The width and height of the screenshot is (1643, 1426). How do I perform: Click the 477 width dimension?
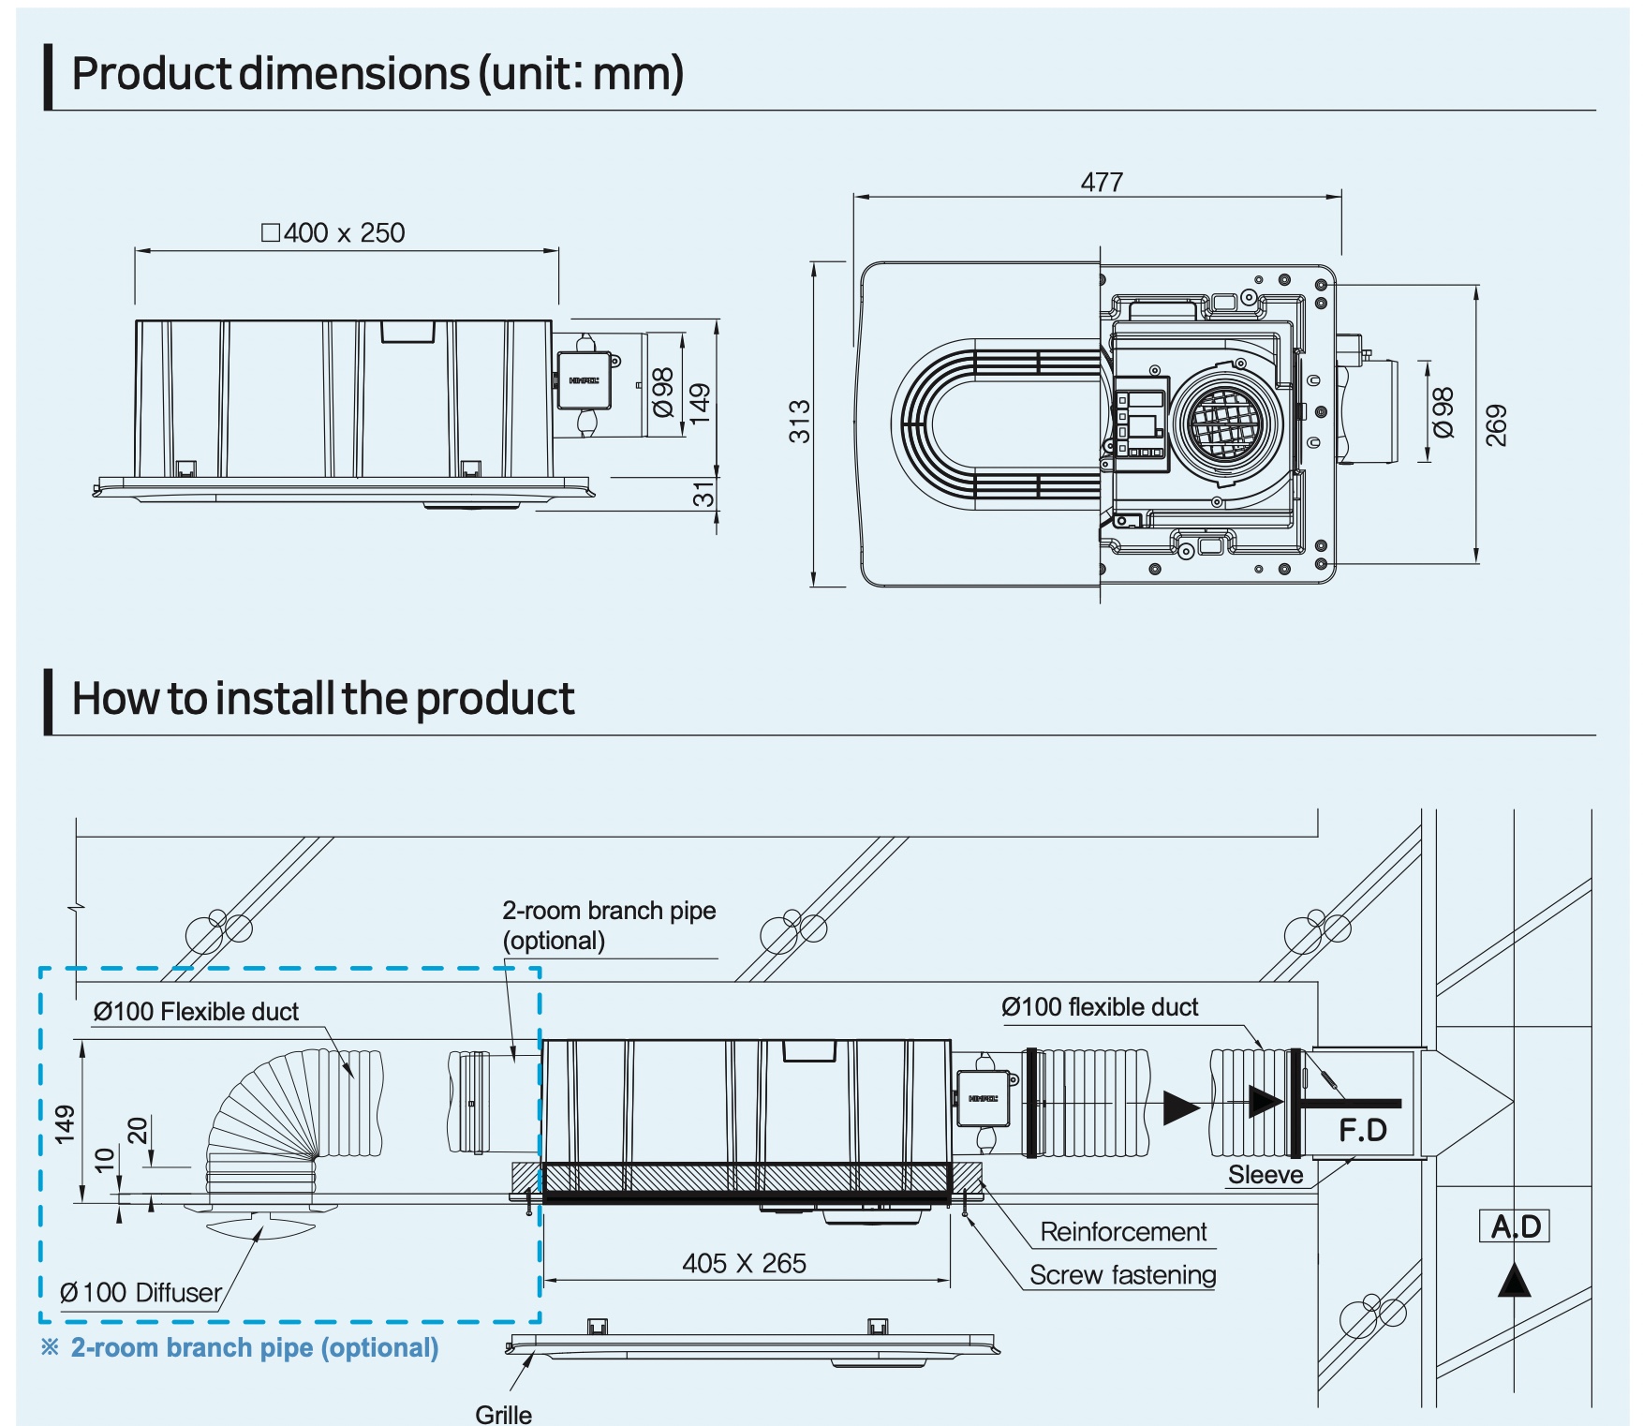[1102, 182]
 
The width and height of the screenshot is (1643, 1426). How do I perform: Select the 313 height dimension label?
[799, 421]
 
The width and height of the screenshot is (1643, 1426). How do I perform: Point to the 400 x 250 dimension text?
[333, 232]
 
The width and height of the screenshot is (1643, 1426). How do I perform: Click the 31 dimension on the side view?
[703, 494]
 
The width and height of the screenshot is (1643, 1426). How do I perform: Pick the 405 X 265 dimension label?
[744, 1263]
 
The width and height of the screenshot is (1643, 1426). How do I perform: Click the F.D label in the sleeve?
[1362, 1130]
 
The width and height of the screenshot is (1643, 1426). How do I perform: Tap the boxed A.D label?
[1514, 1225]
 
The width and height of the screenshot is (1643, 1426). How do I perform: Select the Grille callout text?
[503, 1414]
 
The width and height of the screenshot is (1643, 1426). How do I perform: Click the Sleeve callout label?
[1266, 1175]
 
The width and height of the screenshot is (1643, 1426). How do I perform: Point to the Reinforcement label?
[1123, 1231]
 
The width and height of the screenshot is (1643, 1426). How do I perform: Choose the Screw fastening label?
[1122, 1274]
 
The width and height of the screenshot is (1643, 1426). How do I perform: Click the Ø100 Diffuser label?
[141, 1292]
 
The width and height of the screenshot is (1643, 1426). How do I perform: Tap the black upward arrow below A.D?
[1514, 1281]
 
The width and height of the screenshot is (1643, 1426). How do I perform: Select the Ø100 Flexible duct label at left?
[196, 1011]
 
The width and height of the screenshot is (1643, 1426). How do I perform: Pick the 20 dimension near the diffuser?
[138, 1130]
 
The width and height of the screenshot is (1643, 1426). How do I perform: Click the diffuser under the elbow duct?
[260, 1220]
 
